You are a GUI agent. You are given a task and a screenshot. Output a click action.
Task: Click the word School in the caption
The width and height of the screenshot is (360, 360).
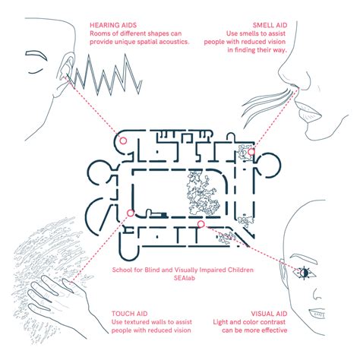[123, 270]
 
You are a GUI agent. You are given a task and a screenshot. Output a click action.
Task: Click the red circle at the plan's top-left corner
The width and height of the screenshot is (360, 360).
[122, 141]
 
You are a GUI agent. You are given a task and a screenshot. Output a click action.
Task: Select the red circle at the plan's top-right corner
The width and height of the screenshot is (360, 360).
[251, 151]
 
